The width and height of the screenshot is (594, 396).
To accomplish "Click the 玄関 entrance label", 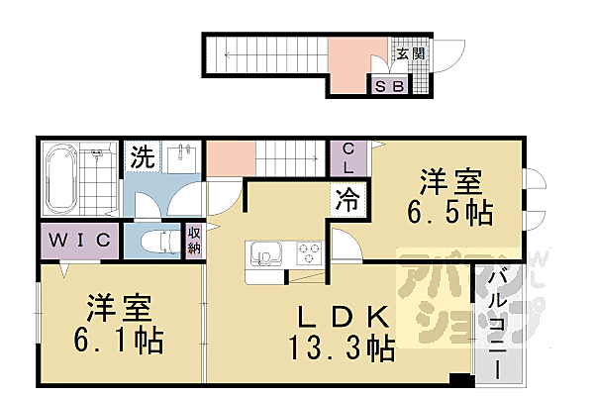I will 411,55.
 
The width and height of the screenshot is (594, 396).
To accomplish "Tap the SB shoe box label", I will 388,86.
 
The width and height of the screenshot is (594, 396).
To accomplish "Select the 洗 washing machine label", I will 143,155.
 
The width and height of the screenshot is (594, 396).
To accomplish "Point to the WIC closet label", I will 80,241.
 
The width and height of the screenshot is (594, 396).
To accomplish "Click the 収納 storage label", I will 195,241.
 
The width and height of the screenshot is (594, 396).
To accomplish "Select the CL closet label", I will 348,157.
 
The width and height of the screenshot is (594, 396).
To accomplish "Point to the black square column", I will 457,379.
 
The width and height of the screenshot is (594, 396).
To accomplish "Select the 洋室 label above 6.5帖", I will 449,181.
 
